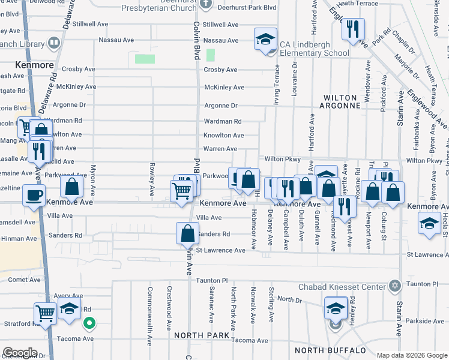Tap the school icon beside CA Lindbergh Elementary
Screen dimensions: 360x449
(265, 40)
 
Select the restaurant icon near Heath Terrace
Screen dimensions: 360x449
(353, 29)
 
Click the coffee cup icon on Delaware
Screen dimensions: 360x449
(34, 195)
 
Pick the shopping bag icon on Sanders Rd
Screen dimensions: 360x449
(188, 233)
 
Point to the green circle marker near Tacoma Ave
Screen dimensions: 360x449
(89, 324)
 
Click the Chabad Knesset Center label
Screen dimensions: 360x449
(342, 287)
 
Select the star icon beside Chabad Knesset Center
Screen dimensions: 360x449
(394, 286)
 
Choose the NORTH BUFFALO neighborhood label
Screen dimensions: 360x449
(330, 350)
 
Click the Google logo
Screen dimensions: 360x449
(20, 353)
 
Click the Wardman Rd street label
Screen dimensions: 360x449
(222, 121)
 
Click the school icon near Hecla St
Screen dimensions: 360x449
(430, 224)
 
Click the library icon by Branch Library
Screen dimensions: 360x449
(53, 43)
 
